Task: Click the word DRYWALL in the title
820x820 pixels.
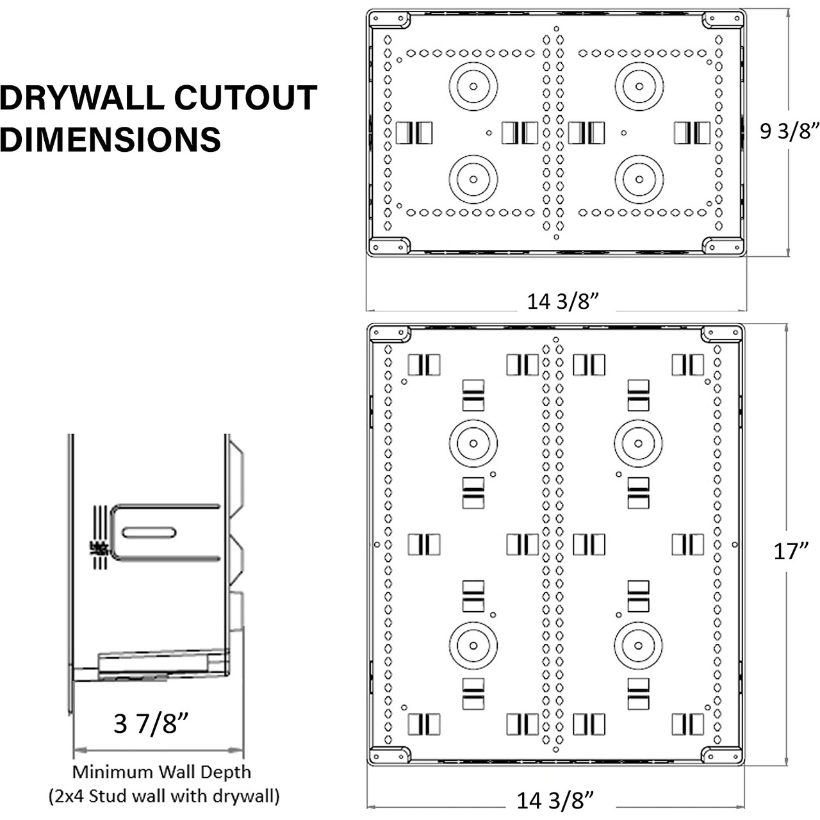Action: (x=82, y=97)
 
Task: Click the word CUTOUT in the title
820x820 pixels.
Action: (x=245, y=97)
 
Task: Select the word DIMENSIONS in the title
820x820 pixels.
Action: (x=110, y=139)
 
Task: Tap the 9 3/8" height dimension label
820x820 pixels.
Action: (x=789, y=131)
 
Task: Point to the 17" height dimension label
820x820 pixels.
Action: (x=791, y=552)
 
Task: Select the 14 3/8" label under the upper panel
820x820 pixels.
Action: (x=562, y=302)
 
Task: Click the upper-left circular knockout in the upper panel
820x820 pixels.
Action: (x=473, y=86)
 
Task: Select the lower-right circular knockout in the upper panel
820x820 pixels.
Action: (x=639, y=179)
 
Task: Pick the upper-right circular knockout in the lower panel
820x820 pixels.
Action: (x=638, y=443)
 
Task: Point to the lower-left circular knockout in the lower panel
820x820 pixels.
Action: (x=473, y=646)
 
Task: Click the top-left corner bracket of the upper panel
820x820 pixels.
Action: (x=389, y=20)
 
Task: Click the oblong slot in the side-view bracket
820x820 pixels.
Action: (x=149, y=532)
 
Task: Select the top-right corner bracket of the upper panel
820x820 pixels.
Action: (x=723, y=20)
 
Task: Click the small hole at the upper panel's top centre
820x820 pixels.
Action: (x=556, y=29)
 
